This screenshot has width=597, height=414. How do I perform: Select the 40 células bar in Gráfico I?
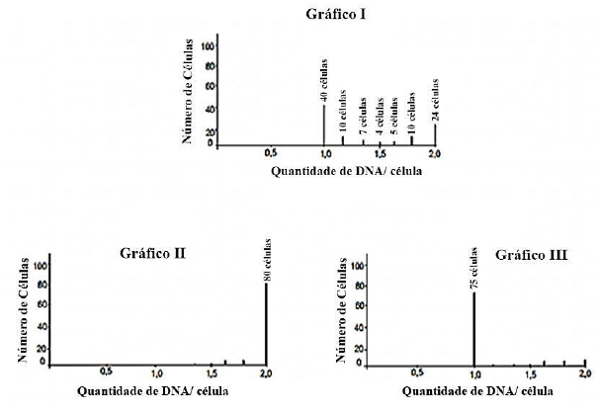pos(324,124)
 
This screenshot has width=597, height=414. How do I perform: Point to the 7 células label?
pos(363,116)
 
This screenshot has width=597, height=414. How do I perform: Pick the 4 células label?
pos(379,117)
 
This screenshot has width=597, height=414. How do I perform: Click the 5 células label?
pos(394,117)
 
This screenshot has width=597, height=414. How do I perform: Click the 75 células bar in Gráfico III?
pos(473,328)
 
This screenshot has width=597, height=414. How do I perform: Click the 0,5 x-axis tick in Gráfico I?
pos(270,154)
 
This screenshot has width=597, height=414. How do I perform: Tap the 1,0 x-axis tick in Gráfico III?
pos(473,373)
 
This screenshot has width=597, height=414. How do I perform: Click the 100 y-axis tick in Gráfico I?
pos(208,45)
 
